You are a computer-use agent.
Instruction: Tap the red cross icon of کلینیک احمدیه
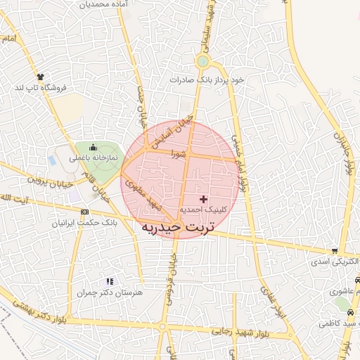(x=204, y=200)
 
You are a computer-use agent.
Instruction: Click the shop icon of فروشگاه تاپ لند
(x=40, y=77)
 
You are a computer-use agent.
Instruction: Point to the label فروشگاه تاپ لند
(x=40, y=88)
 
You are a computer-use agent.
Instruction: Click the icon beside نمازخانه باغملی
(x=93, y=147)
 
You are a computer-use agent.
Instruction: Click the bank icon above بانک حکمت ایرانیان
(x=84, y=212)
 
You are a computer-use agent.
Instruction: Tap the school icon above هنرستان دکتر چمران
(x=110, y=281)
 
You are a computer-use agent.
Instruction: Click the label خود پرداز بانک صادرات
(x=208, y=80)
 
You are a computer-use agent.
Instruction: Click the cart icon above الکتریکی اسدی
(x=335, y=251)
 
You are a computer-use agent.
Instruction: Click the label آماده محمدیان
(x=104, y=5)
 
